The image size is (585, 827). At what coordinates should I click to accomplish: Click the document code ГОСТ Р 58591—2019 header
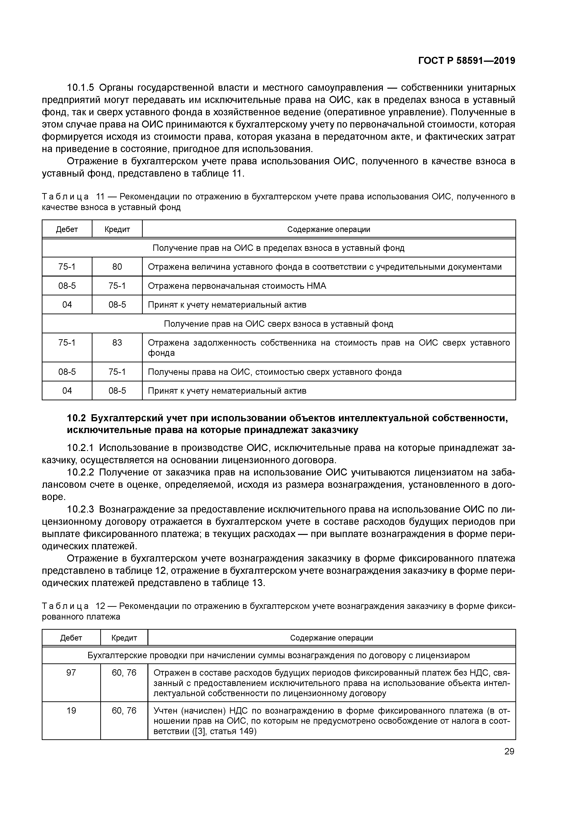(466, 61)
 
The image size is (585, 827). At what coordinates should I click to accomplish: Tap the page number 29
(509, 751)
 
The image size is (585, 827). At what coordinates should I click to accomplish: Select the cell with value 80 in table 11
(117, 267)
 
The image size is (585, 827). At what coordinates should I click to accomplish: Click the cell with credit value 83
(117, 343)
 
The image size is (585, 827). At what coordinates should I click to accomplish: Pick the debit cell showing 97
(71, 673)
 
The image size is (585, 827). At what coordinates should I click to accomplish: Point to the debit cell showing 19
(71, 711)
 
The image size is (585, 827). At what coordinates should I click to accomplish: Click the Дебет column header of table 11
(67, 229)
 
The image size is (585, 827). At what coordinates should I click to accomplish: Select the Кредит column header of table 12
(124, 638)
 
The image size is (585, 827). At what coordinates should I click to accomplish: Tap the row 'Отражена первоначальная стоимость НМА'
(237, 286)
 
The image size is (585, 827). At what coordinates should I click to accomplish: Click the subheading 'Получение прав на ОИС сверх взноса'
(278, 324)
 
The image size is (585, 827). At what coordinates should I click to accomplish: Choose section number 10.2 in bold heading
(76, 418)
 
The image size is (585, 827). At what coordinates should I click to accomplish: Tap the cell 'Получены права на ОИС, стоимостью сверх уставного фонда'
(275, 372)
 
